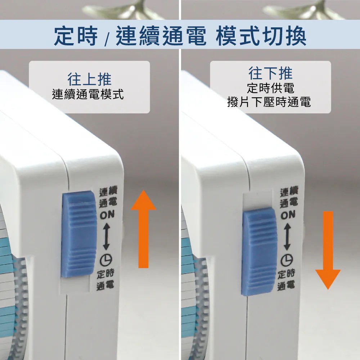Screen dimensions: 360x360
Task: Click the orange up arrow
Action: point(144,229)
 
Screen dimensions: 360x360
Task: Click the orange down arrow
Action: point(328,250)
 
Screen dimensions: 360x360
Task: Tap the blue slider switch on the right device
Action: point(259,252)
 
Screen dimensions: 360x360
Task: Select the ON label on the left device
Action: point(107,215)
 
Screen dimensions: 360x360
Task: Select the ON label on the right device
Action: point(288,215)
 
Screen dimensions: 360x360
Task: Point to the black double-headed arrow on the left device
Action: point(106,237)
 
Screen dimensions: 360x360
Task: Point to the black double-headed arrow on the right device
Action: point(287,237)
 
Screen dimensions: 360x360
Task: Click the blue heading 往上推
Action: point(89,79)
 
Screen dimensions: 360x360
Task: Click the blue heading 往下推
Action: point(270,73)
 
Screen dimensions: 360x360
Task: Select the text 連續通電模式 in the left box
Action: point(88,94)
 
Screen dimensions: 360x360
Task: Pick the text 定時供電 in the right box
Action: point(270,88)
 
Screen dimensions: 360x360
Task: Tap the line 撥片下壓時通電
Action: point(269,102)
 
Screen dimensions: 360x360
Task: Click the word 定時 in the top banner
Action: point(76,36)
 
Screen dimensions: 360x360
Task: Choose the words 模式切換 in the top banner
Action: point(261,36)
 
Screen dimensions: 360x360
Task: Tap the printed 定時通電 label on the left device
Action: point(105,280)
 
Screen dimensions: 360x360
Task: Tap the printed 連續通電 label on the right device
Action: point(289,197)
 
